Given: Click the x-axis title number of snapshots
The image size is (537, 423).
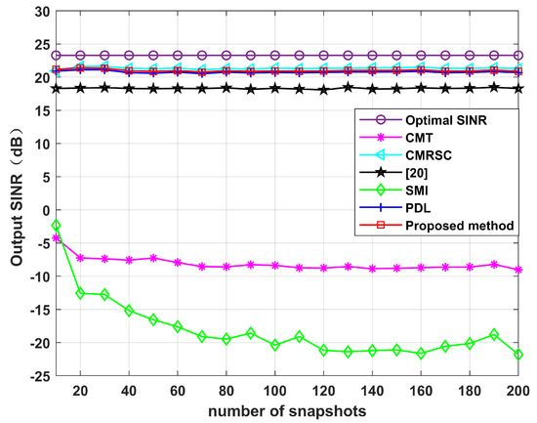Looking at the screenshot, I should (x=287, y=411).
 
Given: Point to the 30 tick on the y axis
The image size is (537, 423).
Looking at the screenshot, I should (x=40, y=11).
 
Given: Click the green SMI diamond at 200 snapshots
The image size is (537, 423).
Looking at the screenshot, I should (x=517, y=355).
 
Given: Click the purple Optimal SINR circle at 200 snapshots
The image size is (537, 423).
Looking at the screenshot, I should (x=517, y=56).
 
